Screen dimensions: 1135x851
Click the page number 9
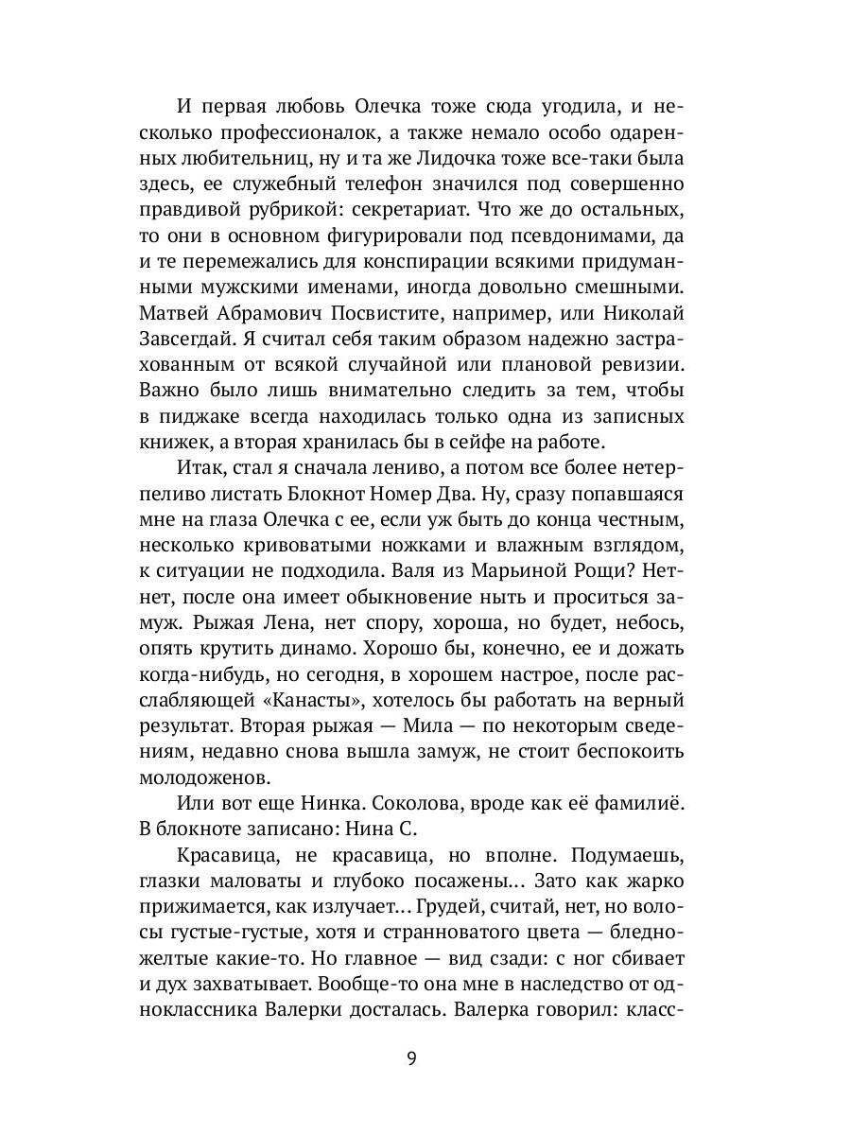[x=411, y=1057]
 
